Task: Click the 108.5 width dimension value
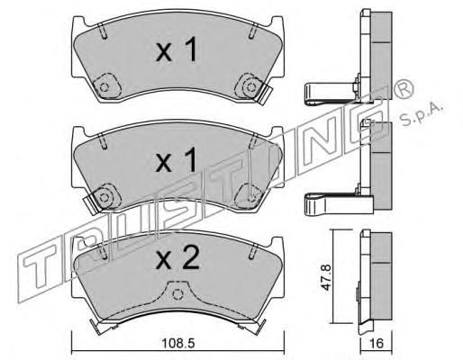click(178, 343)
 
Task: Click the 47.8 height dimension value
click(326, 277)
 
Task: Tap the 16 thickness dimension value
click(377, 343)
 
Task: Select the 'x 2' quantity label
click(177, 257)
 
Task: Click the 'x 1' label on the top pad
click(177, 49)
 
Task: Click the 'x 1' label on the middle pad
click(177, 160)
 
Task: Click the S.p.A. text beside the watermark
click(422, 114)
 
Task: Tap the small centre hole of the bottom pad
click(177, 294)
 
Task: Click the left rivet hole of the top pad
click(104, 87)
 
